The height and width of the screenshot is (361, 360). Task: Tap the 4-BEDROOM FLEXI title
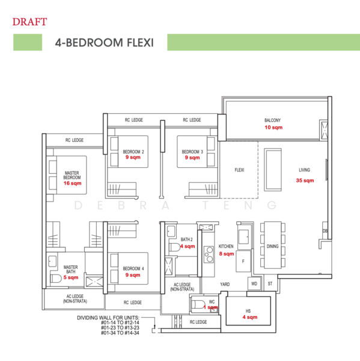click(104, 43)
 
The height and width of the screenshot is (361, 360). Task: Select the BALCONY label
click(272, 120)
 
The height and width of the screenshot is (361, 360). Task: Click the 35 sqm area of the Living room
click(305, 180)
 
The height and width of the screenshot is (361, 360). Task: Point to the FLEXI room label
click(239, 170)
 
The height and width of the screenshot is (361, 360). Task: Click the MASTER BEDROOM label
click(72, 175)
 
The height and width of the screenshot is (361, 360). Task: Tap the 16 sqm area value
click(72, 184)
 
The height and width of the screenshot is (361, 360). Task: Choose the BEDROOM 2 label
click(133, 152)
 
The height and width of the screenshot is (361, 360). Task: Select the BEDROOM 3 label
click(192, 152)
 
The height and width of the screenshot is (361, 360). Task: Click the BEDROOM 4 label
click(133, 268)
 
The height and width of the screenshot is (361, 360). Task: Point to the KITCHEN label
click(226, 246)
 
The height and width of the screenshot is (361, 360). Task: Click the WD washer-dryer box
click(254, 283)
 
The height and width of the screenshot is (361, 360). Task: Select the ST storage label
click(270, 283)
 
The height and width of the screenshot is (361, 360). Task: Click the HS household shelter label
click(248, 310)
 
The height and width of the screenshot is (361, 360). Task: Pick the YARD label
click(225, 283)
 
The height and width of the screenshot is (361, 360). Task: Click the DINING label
click(272, 246)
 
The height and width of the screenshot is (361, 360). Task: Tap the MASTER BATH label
click(71, 269)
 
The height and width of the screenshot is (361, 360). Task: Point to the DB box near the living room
click(325, 231)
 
